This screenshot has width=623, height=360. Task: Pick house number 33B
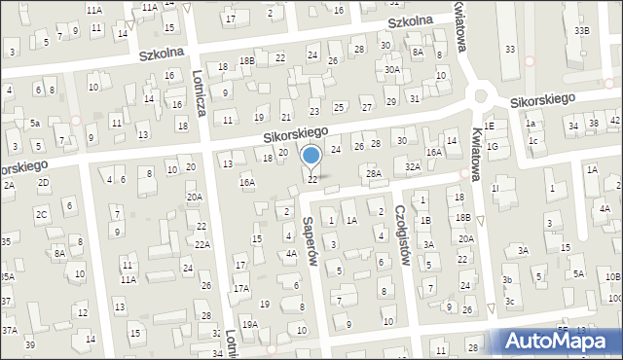[581, 31]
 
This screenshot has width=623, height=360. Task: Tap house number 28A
[373, 173]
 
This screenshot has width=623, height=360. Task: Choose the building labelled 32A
[413, 166]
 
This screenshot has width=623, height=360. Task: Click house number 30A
[391, 70]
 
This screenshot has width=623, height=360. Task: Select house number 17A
[240, 289]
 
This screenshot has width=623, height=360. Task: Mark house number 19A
[250, 324]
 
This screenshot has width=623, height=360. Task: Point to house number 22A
[202, 245]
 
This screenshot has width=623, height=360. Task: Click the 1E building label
[491, 126]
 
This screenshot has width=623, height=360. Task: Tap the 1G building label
[493, 146]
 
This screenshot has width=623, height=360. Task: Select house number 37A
[9, 330]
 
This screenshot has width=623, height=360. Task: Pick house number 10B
[612, 276]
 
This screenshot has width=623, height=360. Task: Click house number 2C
[42, 214]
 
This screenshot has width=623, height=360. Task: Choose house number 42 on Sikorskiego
[615, 121]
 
